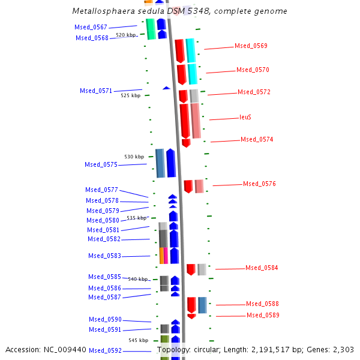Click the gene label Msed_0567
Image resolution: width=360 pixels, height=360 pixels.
[x=91, y=27]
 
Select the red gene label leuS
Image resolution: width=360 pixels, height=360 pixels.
[x=245, y=117]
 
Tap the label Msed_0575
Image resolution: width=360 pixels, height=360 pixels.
[x=101, y=164]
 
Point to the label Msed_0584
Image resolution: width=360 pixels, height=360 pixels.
[x=262, y=268]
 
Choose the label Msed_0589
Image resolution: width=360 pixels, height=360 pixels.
[x=263, y=315]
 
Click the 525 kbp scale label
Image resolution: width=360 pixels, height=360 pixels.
[x=130, y=95]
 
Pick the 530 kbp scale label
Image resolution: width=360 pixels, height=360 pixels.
[x=134, y=157]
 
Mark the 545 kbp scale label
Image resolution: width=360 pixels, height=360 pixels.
[x=138, y=340]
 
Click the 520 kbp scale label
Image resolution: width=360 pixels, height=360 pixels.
[x=126, y=35]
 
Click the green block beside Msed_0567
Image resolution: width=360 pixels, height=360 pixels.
[x=151, y=29]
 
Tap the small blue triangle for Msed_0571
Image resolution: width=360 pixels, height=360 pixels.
[x=166, y=88]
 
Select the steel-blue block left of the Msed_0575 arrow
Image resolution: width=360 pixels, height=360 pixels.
[x=160, y=163]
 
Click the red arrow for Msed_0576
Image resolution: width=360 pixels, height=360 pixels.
[x=188, y=186]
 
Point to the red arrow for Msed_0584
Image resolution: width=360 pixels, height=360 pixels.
[x=191, y=269]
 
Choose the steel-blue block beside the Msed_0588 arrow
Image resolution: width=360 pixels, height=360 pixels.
[x=202, y=305]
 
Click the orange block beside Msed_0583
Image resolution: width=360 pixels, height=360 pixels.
[x=161, y=255]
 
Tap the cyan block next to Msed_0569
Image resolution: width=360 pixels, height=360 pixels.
[x=190, y=50]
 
